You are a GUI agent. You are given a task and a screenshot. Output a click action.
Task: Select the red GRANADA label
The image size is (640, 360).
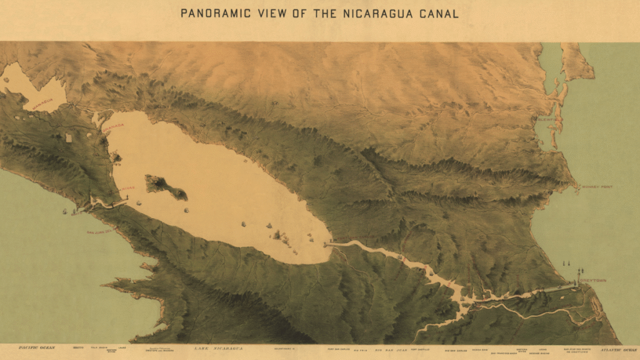coord(114,126)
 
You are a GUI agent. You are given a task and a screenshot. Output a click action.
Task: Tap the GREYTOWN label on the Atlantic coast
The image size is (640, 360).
coord(592,281)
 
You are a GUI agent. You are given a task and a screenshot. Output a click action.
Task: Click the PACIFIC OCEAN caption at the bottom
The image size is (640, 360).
coord(37,347)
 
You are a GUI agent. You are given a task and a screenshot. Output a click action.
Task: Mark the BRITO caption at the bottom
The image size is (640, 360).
coord(78,347)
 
